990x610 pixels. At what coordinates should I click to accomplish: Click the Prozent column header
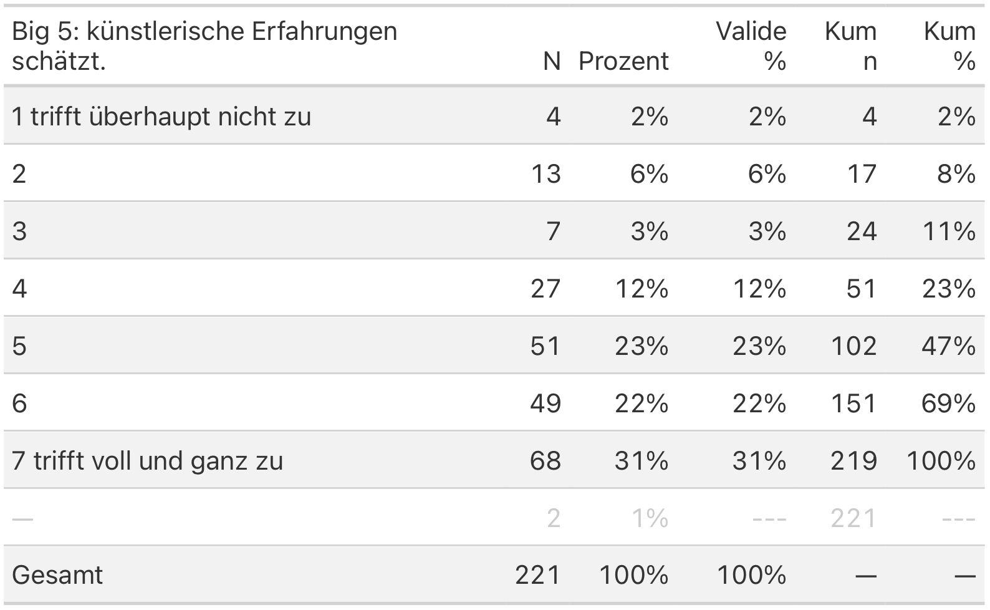click(623, 61)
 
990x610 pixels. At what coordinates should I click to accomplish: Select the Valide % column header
click(751, 46)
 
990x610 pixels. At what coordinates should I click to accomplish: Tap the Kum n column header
click(851, 46)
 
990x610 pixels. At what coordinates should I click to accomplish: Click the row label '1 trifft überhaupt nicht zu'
click(161, 117)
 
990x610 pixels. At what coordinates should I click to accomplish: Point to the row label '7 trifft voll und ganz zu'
click(147, 461)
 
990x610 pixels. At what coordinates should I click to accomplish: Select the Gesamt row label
click(57, 575)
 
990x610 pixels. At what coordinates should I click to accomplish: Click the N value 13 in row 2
click(545, 174)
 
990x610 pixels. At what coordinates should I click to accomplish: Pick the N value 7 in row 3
click(553, 231)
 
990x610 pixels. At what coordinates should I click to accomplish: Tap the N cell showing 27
click(545, 289)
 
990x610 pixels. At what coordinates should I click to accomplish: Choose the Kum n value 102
click(853, 346)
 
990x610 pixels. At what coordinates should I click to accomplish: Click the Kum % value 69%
click(948, 404)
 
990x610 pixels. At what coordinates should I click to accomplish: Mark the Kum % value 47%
click(948, 346)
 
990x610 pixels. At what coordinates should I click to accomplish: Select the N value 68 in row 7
click(545, 461)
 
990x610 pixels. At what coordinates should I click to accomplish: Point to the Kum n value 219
click(853, 461)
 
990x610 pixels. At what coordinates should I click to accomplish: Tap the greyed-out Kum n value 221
click(853, 518)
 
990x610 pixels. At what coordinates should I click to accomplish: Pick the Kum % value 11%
click(948, 231)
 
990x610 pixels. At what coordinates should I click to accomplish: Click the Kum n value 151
click(853, 404)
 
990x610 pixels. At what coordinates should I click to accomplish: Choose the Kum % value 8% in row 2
click(956, 174)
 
